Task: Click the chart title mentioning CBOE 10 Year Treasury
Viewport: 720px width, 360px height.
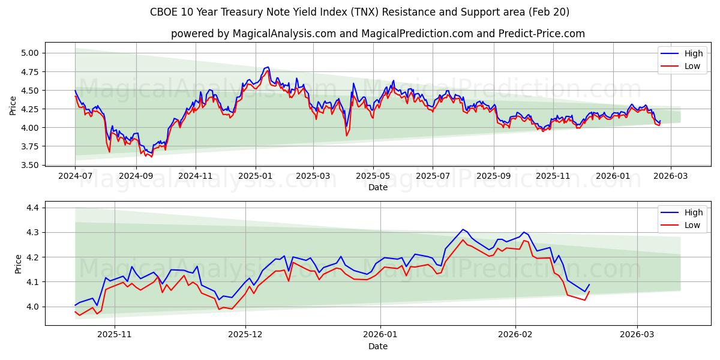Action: (360, 12)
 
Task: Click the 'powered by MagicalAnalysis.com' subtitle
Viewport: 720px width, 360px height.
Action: (378, 34)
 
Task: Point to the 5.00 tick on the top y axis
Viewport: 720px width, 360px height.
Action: (30, 53)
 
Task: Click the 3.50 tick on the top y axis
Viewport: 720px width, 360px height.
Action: (30, 165)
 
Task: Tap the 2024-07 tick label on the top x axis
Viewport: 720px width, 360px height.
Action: (75, 176)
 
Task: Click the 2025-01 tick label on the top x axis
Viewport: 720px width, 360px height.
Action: (256, 176)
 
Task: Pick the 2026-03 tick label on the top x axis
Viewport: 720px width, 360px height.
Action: (670, 176)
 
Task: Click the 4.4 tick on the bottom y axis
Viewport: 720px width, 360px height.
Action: (34, 208)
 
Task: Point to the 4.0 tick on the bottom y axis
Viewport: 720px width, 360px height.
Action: (34, 307)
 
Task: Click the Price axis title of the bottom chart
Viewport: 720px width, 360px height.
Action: (18, 264)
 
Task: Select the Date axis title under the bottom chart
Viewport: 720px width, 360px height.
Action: (378, 346)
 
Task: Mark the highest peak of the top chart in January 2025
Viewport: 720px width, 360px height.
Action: (268, 67)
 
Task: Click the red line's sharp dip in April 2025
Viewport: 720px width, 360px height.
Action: (346, 136)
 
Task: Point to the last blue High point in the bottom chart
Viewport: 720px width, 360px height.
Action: (589, 284)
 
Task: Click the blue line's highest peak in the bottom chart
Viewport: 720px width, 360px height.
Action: (463, 229)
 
